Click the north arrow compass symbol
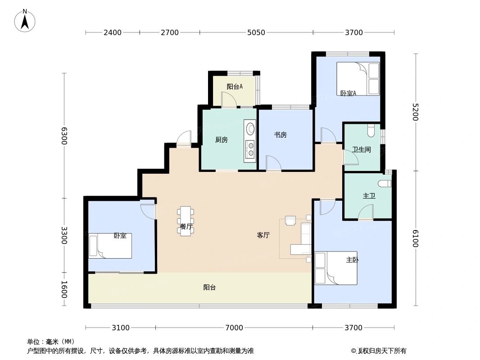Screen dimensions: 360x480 [x=25, y=20]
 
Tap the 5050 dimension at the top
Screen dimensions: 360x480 [x=256, y=32]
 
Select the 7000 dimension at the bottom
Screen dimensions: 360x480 [x=234, y=328]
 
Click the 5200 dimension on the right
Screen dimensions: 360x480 [x=415, y=112]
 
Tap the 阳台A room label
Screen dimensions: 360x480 [x=235, y=87]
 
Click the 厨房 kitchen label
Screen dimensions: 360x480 [x=222, y=140]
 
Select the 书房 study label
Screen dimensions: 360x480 [x=281, y=135]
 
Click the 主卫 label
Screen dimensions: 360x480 [x=369, y=196]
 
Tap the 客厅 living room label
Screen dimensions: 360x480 [x=263, y=235]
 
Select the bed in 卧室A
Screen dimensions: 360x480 [x=358, y=79]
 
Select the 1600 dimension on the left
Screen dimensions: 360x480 [x=64, y=289]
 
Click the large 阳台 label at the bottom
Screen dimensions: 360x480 [x=209, y=288]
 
